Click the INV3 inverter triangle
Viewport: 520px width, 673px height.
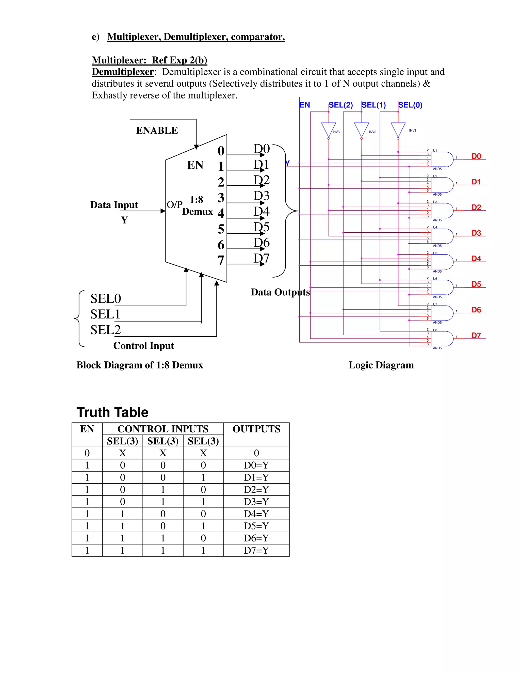pyautogui.click(x=328, y=129)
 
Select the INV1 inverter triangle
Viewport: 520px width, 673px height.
pyautogui.click(x=398, y=129)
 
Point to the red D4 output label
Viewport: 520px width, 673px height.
pyautogui.click(x=476, y=259)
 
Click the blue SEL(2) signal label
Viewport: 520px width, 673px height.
pyautogui.click(x=341, y=105)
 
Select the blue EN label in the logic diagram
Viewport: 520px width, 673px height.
pyautogui.click(x=305, y=105)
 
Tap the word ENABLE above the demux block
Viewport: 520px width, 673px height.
pyautogui.click(x=157, y=130)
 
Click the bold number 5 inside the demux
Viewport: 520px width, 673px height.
pyautogui.click(x=221, y=229)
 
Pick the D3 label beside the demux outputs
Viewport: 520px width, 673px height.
pyautogui.click(x=261, y=196)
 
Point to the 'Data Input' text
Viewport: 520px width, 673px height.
pyautogui.click(x=114, y=205)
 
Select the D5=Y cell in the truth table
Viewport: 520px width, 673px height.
pyautogui.click(x=256, y=526)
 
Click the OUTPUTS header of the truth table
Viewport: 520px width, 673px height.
pyautogui.click(x=256, y=429)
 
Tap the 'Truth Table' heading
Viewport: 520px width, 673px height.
pyautogui.click(x=112, y=412)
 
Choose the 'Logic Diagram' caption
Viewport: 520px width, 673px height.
pyautogui.click(x=381, y=365)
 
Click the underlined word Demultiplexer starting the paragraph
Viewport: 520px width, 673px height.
pyautogui.click(x=123, y=72)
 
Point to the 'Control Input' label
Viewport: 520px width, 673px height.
pyautogui.click(x=143, y=346)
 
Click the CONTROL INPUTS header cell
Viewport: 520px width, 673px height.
pyautogui.click(x=163, y=429)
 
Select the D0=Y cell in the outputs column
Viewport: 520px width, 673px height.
pyautogui.click(x=256, y=465)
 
